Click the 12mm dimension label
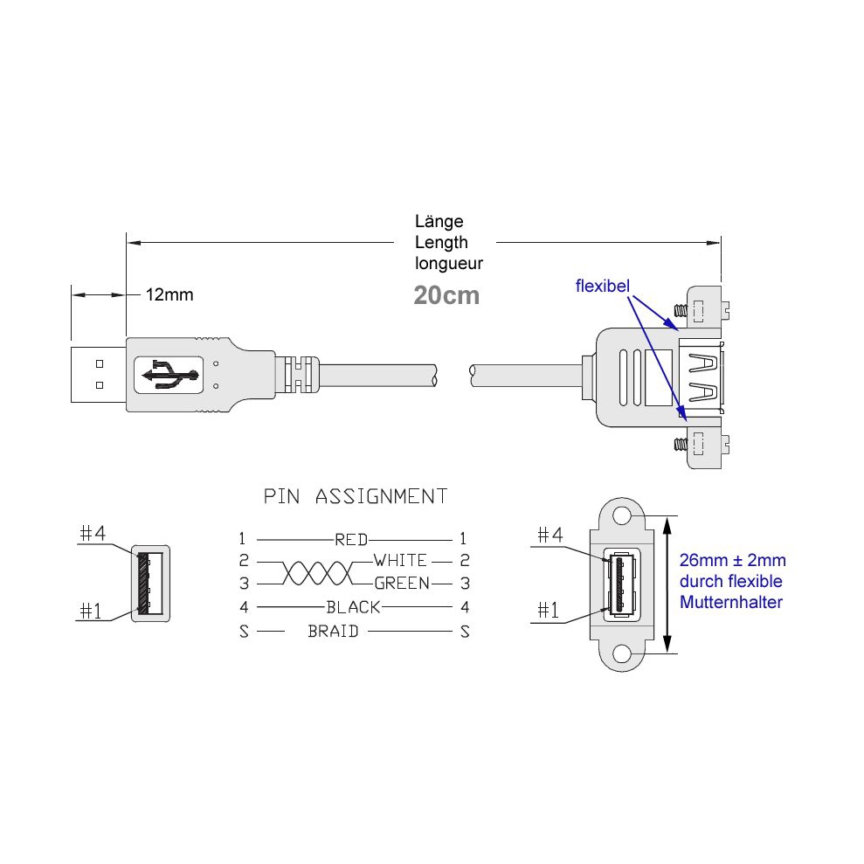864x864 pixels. tap(169, 294)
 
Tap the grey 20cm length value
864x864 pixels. tap(446, 295)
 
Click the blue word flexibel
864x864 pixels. tap(602, 286)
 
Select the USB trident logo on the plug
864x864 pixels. tap(169, 375)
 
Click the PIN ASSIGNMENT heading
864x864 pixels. tap(356, 496)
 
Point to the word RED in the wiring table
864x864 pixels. tap(351, 539)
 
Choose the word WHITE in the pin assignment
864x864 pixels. tap(401, 560)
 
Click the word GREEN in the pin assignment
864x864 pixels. tap(402, 583)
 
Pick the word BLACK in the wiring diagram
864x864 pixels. tap(353, 607)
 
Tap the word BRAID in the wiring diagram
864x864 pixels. tap(333, 631)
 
